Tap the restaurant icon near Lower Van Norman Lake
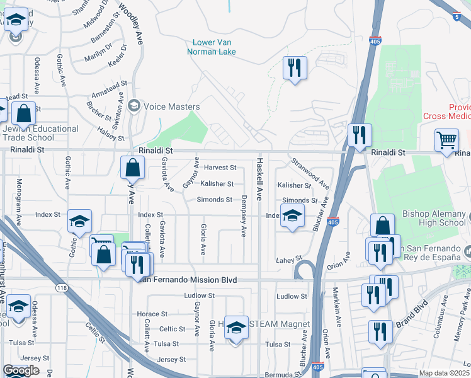click(294, 67)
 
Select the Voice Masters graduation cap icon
click(133, 106)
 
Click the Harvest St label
click(220, 168)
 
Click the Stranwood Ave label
click(310, 174)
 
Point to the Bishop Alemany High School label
click(434, 218)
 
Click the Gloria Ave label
click(203, 239)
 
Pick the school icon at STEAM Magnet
click(236, 328)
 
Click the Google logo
click(21, 370)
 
